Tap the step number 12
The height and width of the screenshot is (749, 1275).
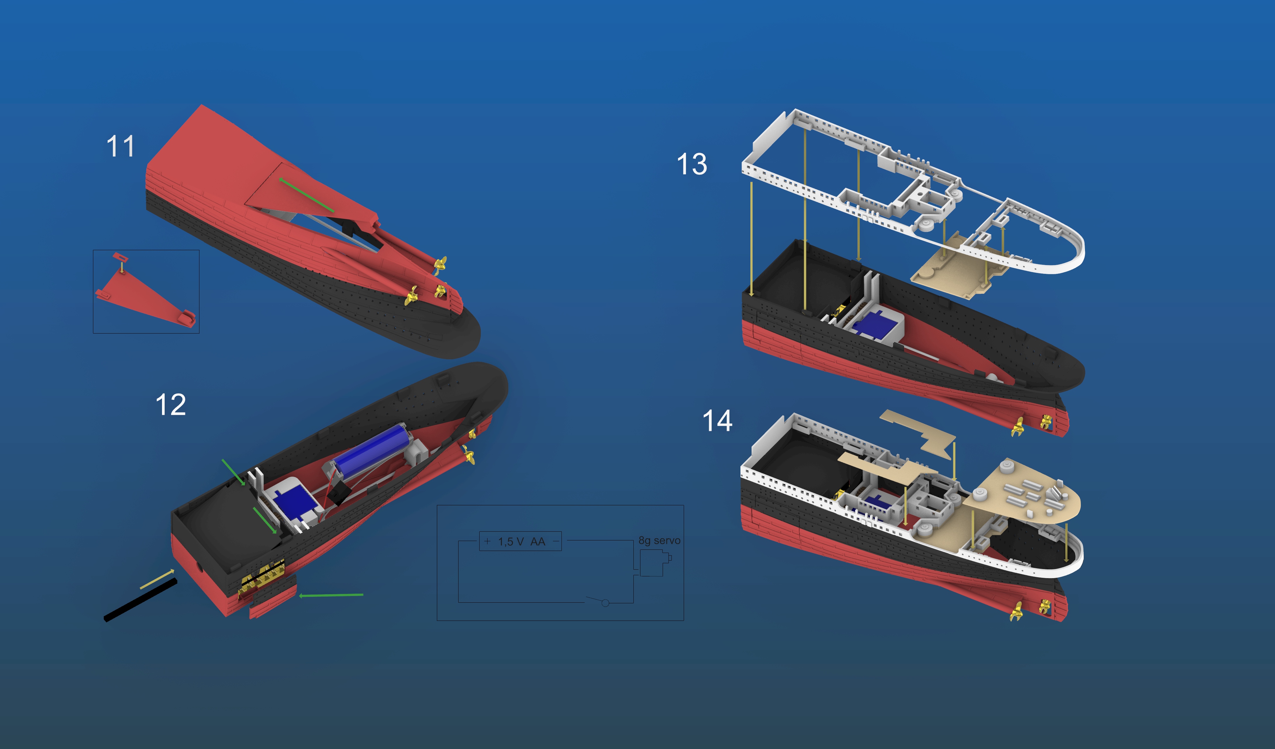170,405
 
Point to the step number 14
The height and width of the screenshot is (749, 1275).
717,421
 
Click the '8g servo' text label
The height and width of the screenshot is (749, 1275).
659,540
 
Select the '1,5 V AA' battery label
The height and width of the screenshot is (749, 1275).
521,542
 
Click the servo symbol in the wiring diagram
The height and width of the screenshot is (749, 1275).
653,563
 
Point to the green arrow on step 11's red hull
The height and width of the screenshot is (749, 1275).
306,195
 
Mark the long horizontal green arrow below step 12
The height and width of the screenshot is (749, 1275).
331,595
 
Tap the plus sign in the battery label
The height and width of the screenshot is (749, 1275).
487,541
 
